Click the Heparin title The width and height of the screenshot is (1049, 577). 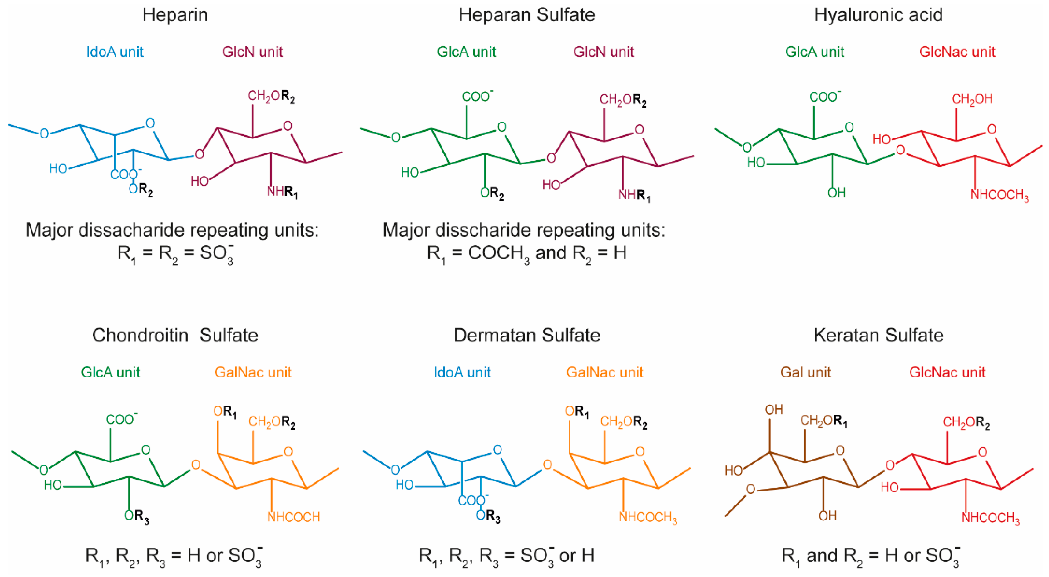(175, 15)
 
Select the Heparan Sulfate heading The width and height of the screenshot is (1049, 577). (526, 15)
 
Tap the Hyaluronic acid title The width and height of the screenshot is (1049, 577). (878, 15)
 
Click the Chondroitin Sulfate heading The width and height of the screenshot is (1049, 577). (175, 336)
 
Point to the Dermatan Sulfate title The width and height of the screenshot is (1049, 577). (526, 336)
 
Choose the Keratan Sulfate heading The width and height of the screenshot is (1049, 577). (878, 336)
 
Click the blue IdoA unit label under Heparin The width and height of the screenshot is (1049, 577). (115, 52)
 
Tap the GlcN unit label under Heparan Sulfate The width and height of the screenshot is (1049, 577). (603, 52)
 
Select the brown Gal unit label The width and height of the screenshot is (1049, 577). (805, 372)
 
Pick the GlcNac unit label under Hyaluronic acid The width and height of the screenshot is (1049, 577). (957, 52)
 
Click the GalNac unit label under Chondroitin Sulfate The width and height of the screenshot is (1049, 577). (253, 372)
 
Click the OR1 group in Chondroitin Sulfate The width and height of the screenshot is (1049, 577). (225, 412)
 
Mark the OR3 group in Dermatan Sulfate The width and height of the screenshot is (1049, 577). (488, 516)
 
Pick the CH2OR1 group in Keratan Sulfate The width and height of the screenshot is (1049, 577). (823, 420)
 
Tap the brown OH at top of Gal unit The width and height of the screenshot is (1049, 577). (774, 410)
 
